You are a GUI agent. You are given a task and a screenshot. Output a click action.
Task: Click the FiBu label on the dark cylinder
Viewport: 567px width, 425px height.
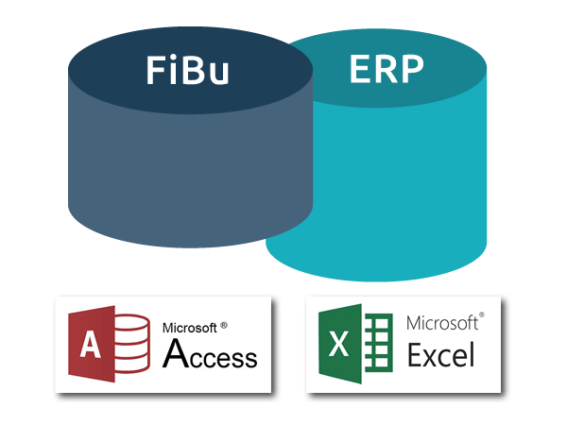(187, 70)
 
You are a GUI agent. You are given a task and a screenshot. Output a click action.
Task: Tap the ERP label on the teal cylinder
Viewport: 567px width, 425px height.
(387, 69)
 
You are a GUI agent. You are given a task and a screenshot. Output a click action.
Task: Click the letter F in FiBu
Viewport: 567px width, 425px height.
(156, 70)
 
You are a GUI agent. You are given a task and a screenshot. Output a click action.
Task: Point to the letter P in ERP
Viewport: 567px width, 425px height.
(412, 69)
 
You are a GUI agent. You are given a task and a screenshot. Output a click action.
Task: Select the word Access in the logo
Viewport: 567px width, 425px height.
(210, 353)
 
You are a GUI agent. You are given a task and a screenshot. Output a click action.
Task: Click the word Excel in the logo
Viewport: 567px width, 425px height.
(440, 354)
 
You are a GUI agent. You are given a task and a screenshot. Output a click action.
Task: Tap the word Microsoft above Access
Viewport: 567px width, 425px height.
(190, 328)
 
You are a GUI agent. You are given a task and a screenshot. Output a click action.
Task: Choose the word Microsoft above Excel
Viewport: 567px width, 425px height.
(442, 323)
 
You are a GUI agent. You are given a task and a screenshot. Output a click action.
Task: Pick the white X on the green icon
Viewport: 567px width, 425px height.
(338, 344)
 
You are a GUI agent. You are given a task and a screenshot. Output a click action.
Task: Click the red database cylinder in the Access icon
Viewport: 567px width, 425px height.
(131, 344)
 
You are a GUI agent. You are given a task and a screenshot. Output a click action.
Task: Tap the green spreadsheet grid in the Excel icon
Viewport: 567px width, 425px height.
(377, 343)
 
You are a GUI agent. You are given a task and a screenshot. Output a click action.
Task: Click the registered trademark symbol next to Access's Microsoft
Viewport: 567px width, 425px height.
(224, 325)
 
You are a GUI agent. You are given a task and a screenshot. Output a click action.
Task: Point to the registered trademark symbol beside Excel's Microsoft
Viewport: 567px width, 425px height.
(481, 315)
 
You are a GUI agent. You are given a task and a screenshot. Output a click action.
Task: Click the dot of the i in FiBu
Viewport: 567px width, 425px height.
(174, 58)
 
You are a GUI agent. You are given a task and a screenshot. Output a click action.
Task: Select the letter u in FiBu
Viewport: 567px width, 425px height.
(219, 74)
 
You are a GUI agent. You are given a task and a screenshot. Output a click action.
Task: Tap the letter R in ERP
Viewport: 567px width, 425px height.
(387, 69)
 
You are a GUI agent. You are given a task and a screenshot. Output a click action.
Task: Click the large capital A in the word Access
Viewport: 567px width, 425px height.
(176, 353)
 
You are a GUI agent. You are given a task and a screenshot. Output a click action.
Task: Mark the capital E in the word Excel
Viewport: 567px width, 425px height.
(416, 354)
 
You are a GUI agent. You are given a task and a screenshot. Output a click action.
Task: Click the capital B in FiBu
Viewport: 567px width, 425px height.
(193, 70)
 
